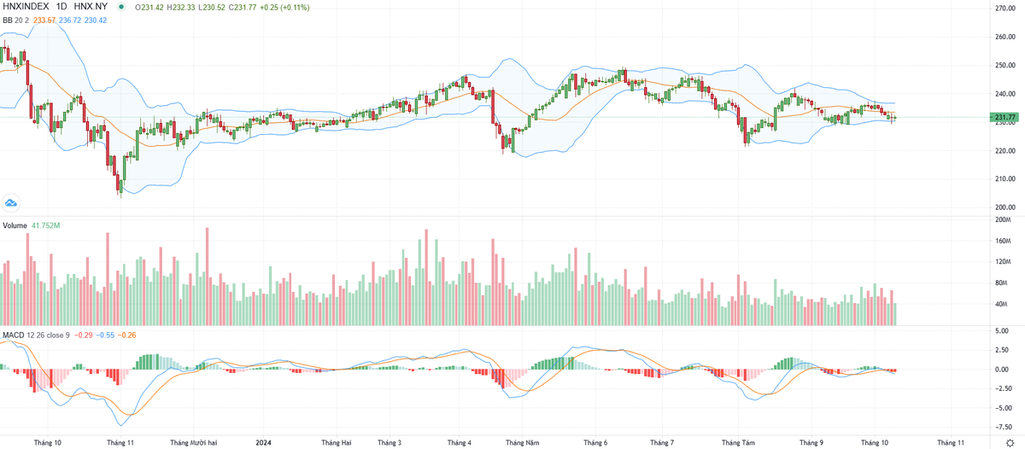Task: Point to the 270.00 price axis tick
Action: coord(1004,9)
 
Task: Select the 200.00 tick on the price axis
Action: coord(1004,207)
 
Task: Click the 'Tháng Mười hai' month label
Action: coord(194,443)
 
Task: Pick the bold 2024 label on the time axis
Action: coord(264,443)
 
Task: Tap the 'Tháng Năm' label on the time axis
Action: coord(522,443)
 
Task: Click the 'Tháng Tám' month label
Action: coord(738,443)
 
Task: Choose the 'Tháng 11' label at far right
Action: coord(951,443)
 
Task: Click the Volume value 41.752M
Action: coord(44,225)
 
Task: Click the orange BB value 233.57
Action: coord(44,20)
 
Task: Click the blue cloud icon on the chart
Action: coord(11,202)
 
